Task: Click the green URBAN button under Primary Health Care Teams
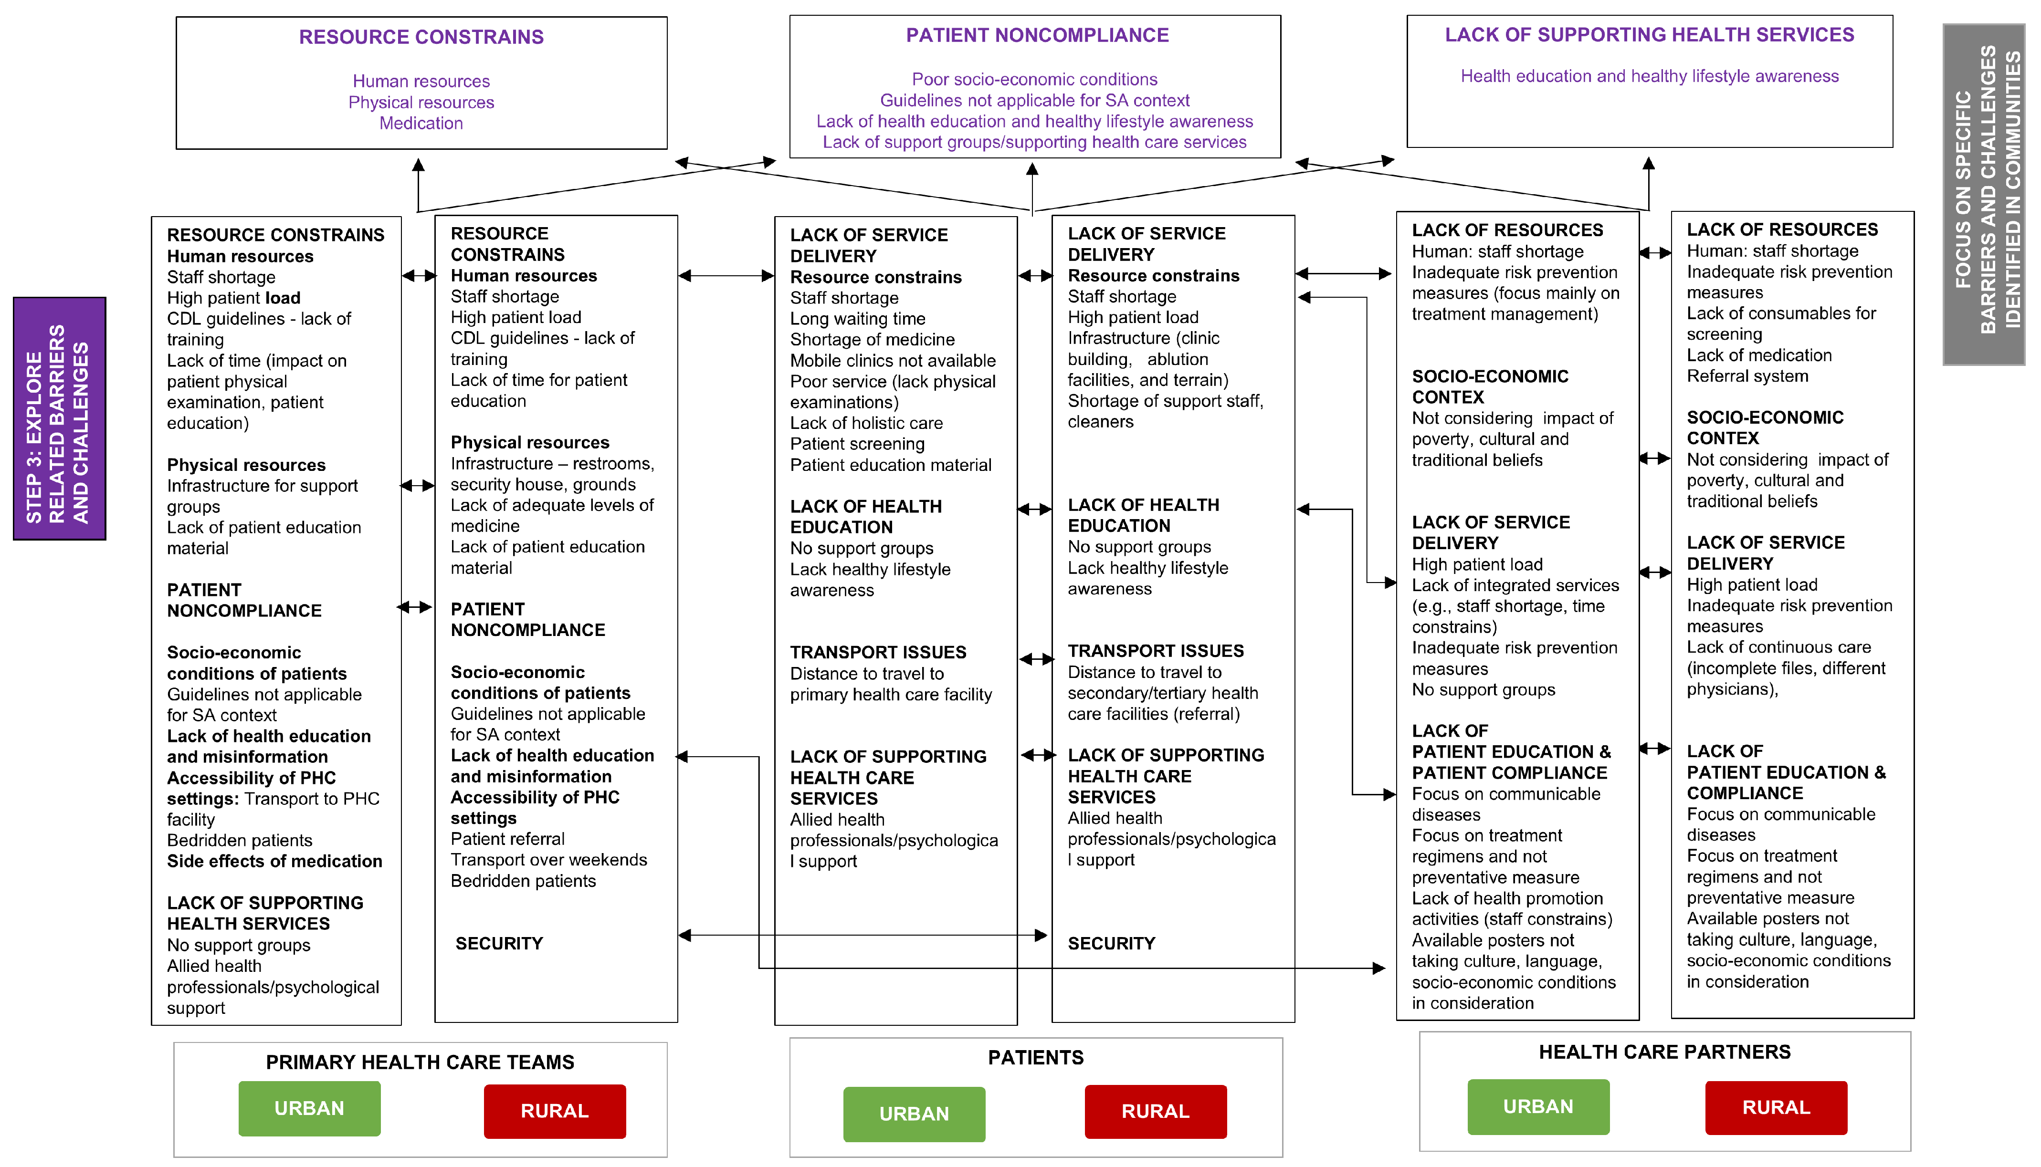pos(309,1108)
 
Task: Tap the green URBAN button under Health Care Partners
pos(1537,1107)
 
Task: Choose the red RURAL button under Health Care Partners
pos(1776,1108)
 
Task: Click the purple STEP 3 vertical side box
pos(59,418)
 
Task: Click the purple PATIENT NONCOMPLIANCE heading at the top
pos(1037,35)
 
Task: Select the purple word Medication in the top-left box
pos(421,124)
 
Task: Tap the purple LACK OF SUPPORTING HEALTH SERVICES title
pos(1649,34)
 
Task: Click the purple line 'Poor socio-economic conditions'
pos(1034,79)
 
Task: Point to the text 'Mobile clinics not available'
pos(892,361)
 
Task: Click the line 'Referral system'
pos(1747,376)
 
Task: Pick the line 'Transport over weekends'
pos(548,860)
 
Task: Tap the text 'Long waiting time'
pos(857,319)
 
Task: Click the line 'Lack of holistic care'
pos(866,423)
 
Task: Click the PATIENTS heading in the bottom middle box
pos(1035,1058)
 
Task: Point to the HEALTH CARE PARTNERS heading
pos(1664,1052)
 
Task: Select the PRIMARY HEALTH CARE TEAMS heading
pos(420,1063)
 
